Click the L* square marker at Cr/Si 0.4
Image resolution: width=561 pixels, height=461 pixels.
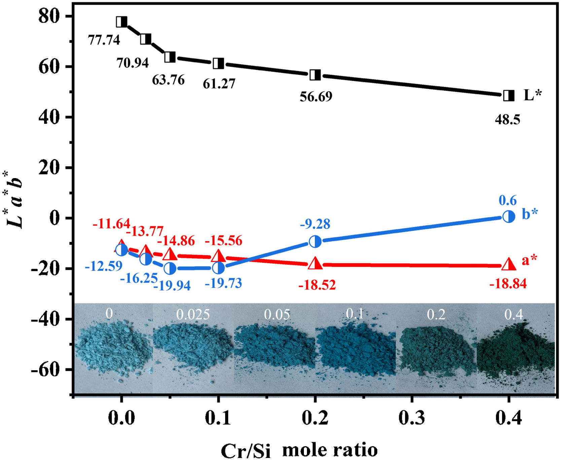pyautogui.click(x=509, y=96)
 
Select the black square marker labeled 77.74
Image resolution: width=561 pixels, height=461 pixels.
pyautogui.click(x=121, y=22)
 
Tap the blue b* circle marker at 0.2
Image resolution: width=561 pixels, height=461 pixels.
pyautogui.click(x=315, y=241)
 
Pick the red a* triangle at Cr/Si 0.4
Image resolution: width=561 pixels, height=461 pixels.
pyautogui.click(x=509, y=264)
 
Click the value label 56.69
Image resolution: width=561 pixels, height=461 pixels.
pyautogui.click(x=316, y=96)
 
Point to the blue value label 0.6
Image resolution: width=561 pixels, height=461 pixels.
pyautogui.click(x=507, y=201)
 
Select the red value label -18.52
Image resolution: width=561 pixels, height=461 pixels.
pyautogui.click(x=317, y=285)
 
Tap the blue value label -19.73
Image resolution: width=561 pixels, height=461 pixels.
pyautogui.click(x=223, y=283)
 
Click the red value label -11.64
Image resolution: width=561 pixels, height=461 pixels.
pyautogui.click(x=111, y=224)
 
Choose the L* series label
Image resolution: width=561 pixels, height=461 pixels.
pyautogui.click(x=532, y=95)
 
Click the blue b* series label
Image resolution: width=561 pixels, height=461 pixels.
pyautogui.click(x=530, y=214)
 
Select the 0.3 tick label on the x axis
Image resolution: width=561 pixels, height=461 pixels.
pyautogui.click(x=412, y=418)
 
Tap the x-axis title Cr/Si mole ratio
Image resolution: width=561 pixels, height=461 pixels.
pyautogui.click(x=299, y=450)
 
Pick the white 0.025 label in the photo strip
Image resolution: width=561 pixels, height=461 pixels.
pyautogui.click(x=193, y=315)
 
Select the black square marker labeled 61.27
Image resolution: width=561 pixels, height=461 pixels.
pyautogui.click(x=218, y=63)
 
